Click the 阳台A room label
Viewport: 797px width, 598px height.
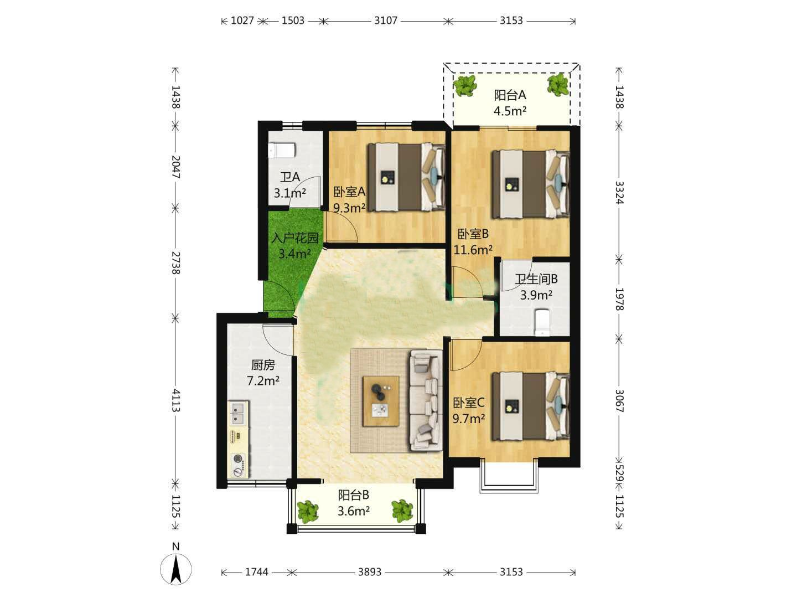click(x=509, y=95)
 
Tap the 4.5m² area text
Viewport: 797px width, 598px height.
click(x=509, y=111)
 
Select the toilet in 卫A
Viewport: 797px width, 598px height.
click(x=281, y=150)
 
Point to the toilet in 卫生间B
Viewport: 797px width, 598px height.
click(x=542, y=321)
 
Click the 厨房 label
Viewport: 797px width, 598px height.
click(x=263, y=365)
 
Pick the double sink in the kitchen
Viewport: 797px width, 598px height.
click(x=238, y=413)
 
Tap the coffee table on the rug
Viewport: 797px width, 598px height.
click(x=381, y=401)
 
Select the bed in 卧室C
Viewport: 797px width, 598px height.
click(x=530, y=406)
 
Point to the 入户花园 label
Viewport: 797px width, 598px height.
click(x=295, y=238)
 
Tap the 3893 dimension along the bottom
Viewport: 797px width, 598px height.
click(x=370, y=572)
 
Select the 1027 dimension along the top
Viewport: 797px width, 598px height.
click(x=242, y=20)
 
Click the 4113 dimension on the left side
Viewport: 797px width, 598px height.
click(x=176, y=400)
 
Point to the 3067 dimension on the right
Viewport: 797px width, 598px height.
click(x=619, y=401)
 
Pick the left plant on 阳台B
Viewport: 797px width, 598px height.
click(x=308, y=512)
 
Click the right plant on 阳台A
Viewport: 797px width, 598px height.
click(x=558, y=85)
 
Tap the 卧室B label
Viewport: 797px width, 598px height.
click(x=473, y=234)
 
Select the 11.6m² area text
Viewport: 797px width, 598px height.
click(x=473, y=250)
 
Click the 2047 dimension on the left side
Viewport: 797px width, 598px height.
click(x=176, y=167)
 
